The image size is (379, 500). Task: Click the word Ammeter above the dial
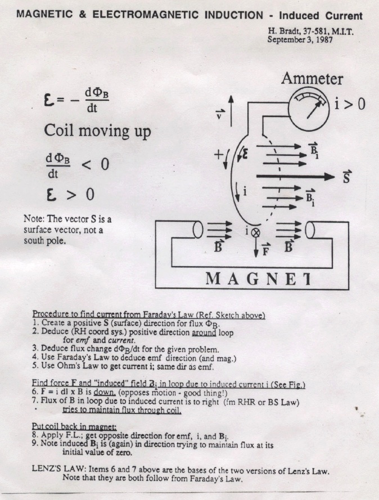coord(312,79)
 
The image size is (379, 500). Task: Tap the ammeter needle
coord(314,110)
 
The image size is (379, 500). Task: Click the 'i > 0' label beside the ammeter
coord(350,104)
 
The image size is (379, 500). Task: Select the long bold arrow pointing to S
coord(295,177)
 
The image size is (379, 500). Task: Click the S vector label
coord(346,177)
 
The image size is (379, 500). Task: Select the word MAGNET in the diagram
coord(258,279)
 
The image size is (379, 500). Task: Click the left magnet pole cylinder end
coord(198,229)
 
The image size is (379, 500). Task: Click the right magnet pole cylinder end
coord(310,230)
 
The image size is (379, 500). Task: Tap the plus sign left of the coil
coord(219,155)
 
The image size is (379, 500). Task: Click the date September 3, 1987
coord(300,40)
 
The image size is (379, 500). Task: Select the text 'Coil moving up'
coord(97,131)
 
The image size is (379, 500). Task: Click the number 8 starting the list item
coord(34,435)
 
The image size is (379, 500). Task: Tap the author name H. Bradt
coord(285,31)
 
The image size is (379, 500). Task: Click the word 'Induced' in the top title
coord(299,16)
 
